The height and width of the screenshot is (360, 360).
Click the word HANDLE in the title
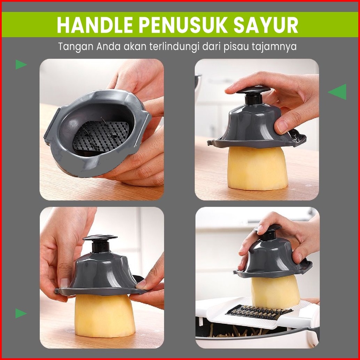95,25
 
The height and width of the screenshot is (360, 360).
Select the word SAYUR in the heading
266,25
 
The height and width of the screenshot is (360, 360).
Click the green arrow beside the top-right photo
337,92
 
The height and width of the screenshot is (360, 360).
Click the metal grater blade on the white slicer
259,312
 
